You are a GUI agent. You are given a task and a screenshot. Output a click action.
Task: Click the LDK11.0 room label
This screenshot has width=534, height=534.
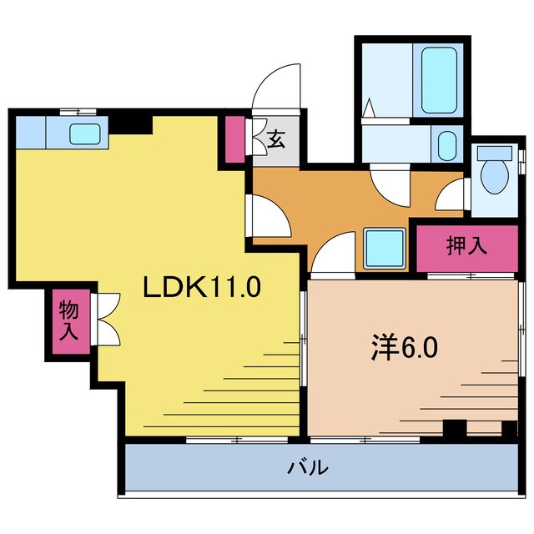pyautogui.click(x=203, y=288)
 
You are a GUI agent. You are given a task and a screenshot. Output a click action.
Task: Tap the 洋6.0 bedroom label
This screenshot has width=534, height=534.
pyautogui.click(x=404, y=348)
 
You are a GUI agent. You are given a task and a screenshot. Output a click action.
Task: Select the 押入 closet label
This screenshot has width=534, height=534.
pyautogui.click(x=466, y=246)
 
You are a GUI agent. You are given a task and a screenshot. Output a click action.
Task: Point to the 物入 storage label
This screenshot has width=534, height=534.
pyautogui.click(x=68, y=320)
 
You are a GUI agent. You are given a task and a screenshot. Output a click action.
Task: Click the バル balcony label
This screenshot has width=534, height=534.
pyautogui.click(x=308, y=468)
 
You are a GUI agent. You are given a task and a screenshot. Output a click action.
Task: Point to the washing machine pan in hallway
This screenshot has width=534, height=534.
pyautogui.click(x=384, y=247)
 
